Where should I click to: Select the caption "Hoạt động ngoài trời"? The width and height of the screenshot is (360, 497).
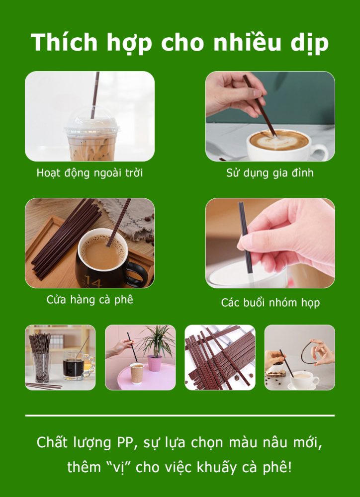tap(90, 173)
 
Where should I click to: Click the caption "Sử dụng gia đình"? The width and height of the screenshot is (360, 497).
tap(270, 173)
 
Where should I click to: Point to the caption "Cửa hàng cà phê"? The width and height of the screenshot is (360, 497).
tap(90, 300)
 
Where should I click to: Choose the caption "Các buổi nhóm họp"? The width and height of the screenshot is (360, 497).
tap(270, 302)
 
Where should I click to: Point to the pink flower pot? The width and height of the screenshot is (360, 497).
tap(155, 362)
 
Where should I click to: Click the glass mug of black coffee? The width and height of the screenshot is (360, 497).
tap(74, 368)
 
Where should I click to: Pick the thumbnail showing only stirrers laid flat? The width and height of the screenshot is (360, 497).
tap(220, 357)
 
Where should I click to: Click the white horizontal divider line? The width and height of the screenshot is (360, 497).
tap(180, 415)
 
